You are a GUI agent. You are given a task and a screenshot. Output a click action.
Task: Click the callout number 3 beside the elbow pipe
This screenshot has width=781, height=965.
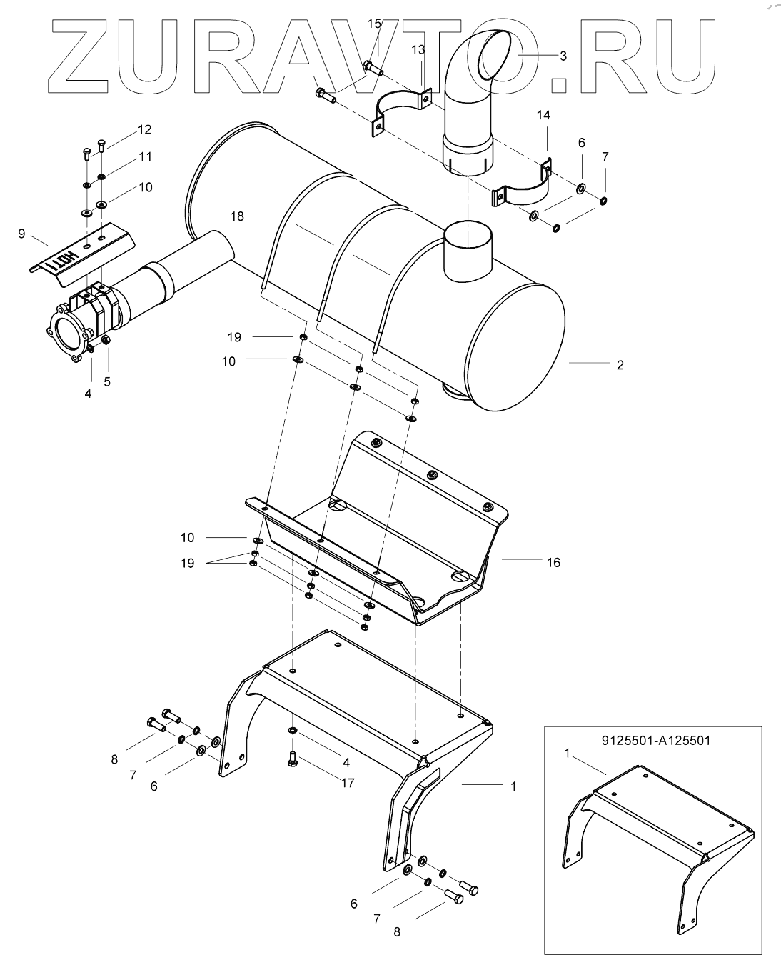click(x=563, y=56)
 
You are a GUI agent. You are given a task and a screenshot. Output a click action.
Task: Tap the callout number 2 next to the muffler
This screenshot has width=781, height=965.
click(x=620, y=365)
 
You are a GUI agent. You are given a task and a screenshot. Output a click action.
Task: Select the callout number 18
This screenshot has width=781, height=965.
click(x=237, y=216)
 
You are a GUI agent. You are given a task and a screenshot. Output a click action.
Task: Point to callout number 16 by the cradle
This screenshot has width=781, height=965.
click(x=553, y=562)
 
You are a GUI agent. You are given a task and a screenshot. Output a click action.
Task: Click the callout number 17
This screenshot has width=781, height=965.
click(x=348, y=783)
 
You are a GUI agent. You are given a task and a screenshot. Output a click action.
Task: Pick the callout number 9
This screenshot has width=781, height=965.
click(x=21, y=234)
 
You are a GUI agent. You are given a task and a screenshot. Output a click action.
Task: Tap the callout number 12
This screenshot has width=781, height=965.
click(x=144, y=129)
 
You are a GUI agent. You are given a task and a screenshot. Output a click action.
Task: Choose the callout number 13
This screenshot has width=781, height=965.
click(x=418, y=49)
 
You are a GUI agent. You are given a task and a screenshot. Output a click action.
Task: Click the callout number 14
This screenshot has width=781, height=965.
click(x=543, y=115)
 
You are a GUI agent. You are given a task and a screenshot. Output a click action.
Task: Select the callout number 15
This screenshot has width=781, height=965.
click(x=374, y=24)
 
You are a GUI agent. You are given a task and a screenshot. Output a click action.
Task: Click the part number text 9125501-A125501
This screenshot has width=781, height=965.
click(x=656, y=740)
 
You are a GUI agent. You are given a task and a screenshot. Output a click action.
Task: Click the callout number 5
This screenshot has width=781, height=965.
click(x=107, y=381)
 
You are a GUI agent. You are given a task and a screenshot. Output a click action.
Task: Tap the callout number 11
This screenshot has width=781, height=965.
click(x=145, y=156)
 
